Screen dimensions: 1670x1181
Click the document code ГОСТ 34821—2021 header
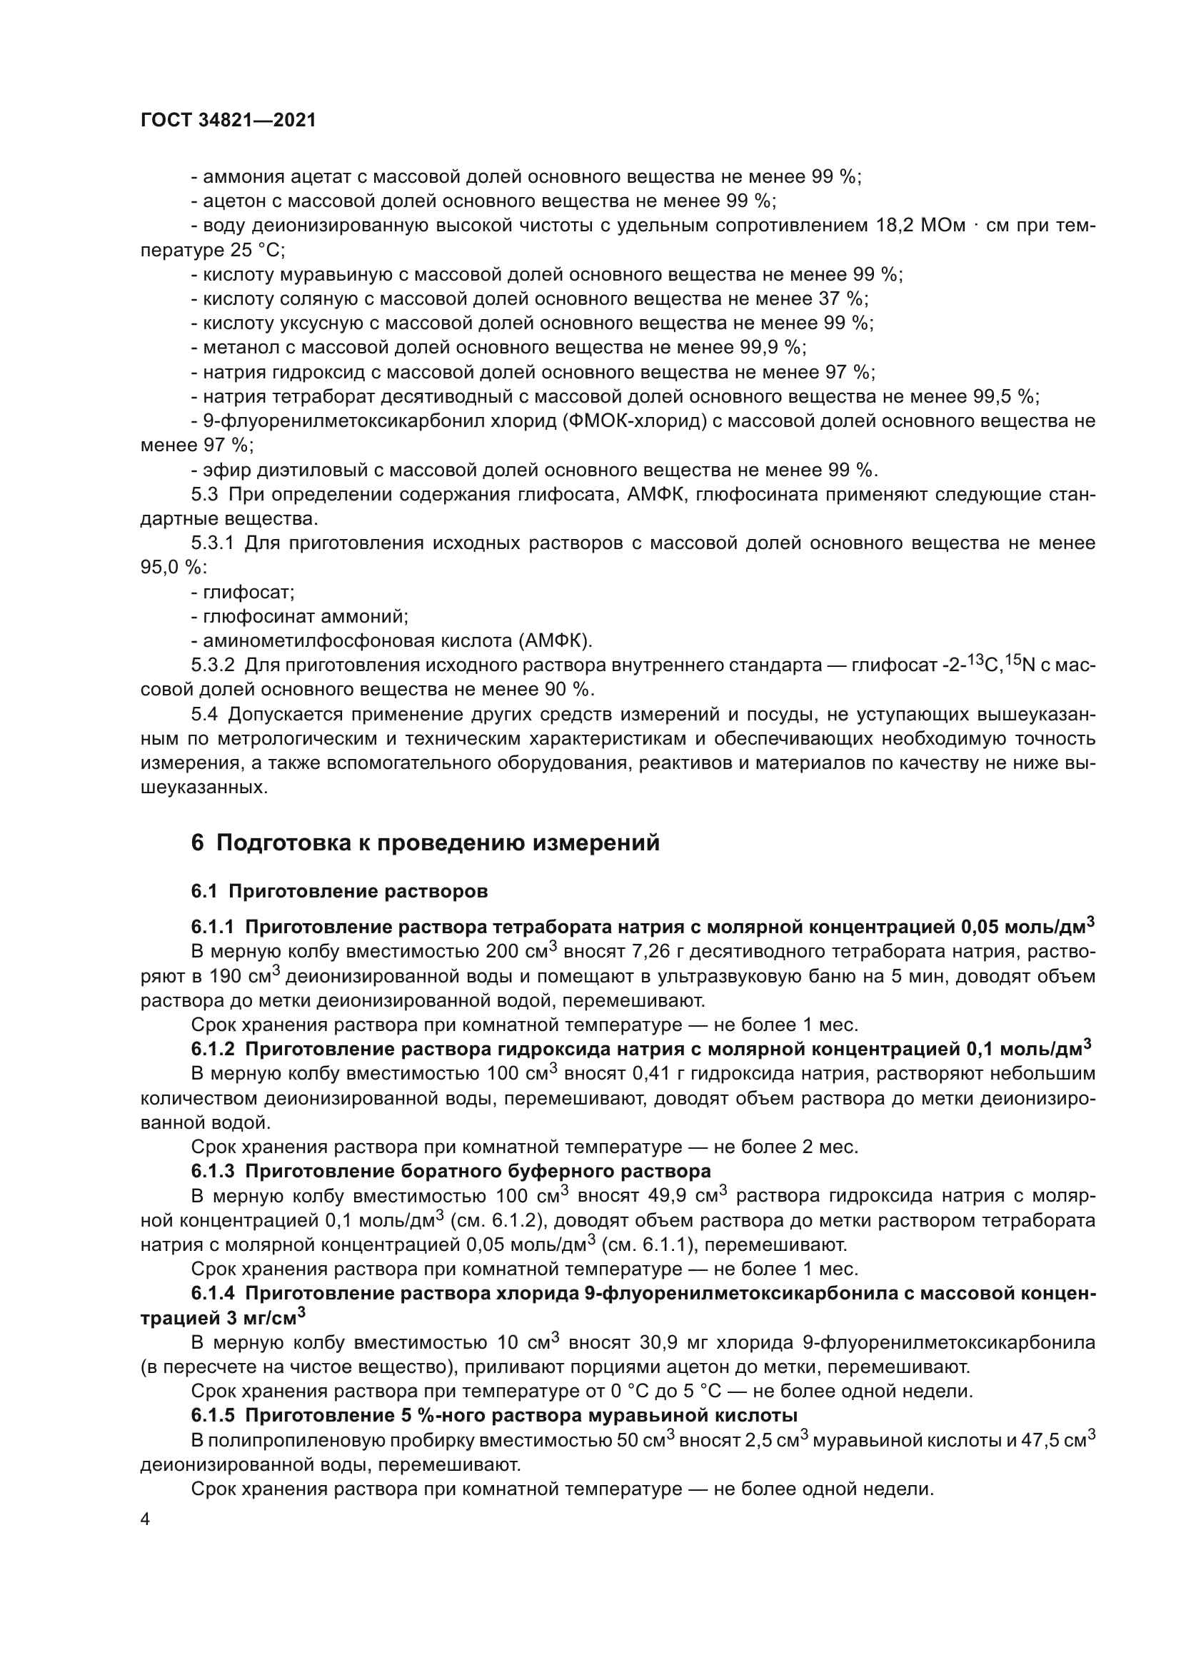tap(228, 121)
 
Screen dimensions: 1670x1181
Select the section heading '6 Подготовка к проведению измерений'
tap(426, 842)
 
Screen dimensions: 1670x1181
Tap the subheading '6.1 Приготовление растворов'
tap(340, 891)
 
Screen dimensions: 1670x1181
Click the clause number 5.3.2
tap(213, 665)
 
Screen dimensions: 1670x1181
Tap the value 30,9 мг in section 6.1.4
tap(666, 1343)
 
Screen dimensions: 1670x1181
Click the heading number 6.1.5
tap(213, 1415)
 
